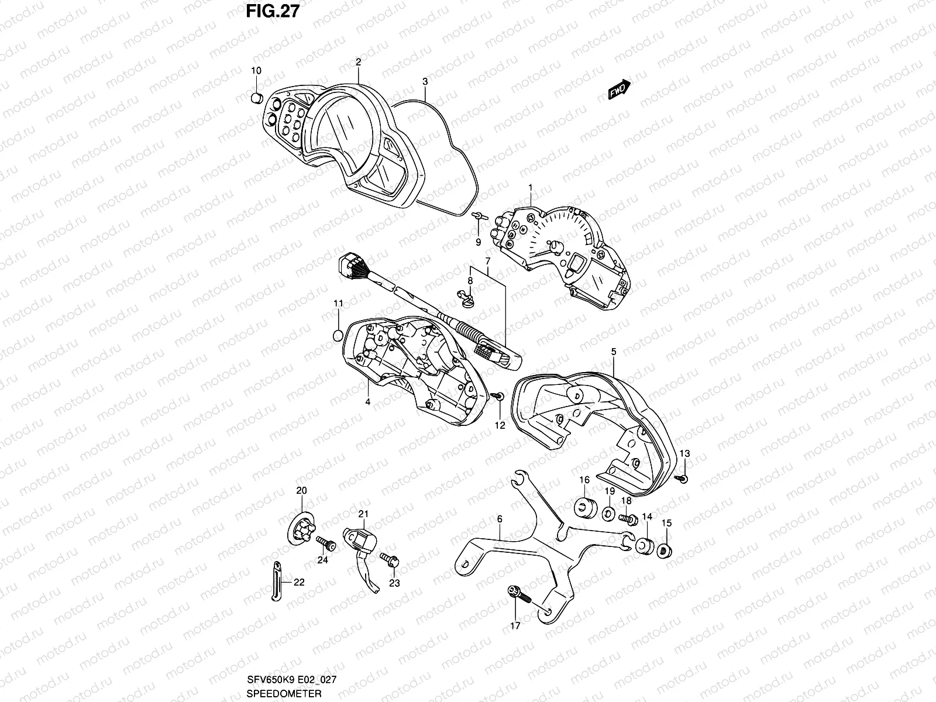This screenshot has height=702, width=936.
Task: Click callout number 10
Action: [x=256, y=71]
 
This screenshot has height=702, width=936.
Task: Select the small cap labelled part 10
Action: [x=256, y=97]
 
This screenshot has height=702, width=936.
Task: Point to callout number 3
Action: [x=425, y=81]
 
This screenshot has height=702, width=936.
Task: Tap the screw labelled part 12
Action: [x=498, y=397]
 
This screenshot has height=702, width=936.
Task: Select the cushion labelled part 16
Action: [x=584, y=507]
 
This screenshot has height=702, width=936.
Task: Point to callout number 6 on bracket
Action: [x=500, y=519]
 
